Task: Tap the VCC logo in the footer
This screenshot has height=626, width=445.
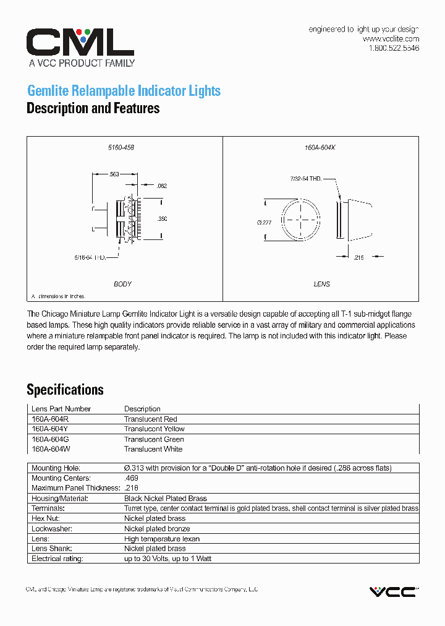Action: pos(393,591)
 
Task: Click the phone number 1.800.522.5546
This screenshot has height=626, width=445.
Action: pos(394,48)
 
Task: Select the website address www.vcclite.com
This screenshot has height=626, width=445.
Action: pos(391,38)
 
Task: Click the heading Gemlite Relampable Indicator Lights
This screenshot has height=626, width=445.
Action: pos(124,91)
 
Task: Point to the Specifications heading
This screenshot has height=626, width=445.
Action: pos(65,390)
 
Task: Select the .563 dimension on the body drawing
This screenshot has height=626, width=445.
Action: pos(114,174)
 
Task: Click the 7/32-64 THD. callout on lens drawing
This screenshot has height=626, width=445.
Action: pos(305,179)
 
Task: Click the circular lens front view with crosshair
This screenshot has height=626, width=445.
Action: pos(301,218)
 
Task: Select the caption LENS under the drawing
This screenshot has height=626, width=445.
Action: pos(321,285)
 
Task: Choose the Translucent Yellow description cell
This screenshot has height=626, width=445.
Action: pos(154,429)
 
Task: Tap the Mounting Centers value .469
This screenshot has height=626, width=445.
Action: pos(131,478)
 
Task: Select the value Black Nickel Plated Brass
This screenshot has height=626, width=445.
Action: pos(165,499)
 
